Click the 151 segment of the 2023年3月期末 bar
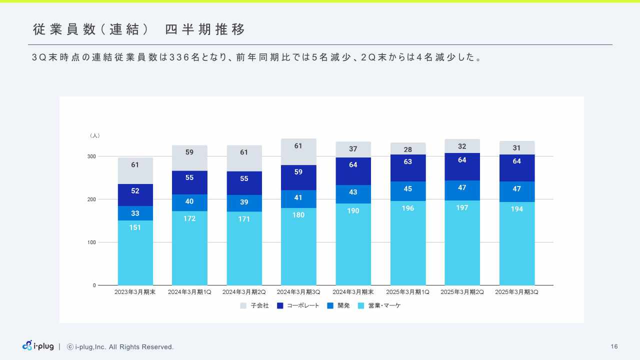tap(135, 252)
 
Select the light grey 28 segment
tap(408, 148)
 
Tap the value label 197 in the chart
tap(462, 207)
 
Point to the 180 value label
tap(298, 215)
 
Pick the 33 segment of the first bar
tap(135, 213)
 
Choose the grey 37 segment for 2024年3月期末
tap(353, 149)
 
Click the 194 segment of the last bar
tap(517, 243)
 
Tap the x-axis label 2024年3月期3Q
tap(298, 292)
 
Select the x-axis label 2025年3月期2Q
tap(462, 292)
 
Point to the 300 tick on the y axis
tap(91, 156)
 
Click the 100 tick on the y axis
tap(91, 242)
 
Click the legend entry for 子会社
tap(254, 305)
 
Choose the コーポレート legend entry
tap(298, 305)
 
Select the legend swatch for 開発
tap(330, 305)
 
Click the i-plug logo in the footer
tap(38, 346)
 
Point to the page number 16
tap(614, 346)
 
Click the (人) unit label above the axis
tap(95, 135)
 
